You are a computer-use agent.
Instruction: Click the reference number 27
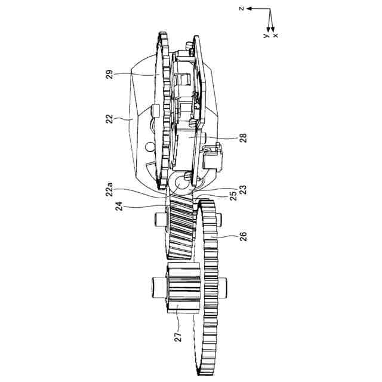click(x=178, y=337)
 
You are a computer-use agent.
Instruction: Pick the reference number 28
click(x=243, y=138)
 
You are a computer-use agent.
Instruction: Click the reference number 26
click(x=243, y=237)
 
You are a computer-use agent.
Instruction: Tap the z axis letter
click(x=241, y=9)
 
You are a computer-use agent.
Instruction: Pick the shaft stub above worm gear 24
click(x=160, y=220)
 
